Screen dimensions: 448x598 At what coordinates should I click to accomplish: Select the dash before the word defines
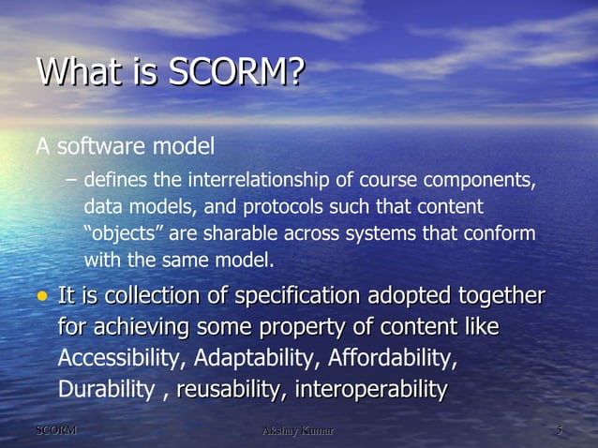(73, 180)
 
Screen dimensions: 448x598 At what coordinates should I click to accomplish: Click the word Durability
(105, 389)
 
